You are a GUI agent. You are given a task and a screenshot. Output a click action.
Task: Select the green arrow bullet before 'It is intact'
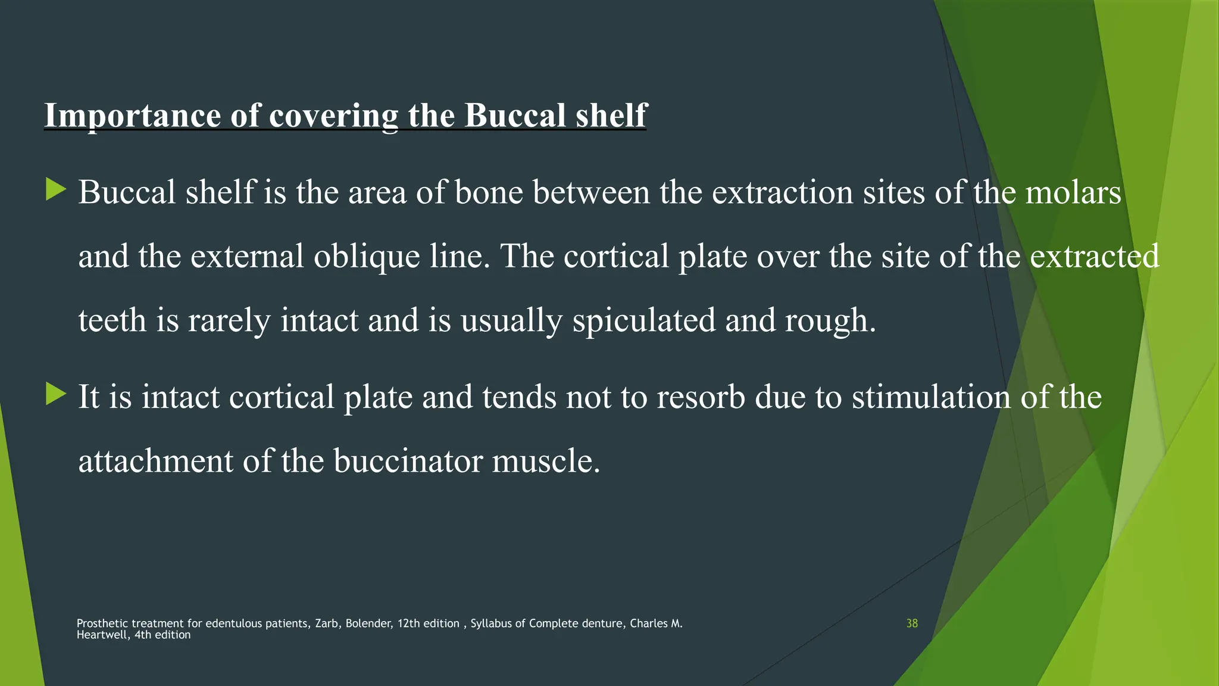[55, 394]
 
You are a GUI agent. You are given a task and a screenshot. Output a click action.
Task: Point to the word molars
[1073, 193]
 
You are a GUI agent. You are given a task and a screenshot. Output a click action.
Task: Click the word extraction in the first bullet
[782, 193]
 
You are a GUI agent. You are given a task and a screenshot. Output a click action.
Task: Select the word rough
[830, 321]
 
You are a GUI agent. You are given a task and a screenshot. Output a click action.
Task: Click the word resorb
[701, 397]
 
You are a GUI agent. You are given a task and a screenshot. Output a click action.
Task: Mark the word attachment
[155, 462]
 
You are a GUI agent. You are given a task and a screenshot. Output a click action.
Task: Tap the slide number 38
[912, 623]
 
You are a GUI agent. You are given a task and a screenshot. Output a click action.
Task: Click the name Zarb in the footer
[327, 623]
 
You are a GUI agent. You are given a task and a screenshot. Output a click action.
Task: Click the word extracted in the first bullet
[1094, 257]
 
